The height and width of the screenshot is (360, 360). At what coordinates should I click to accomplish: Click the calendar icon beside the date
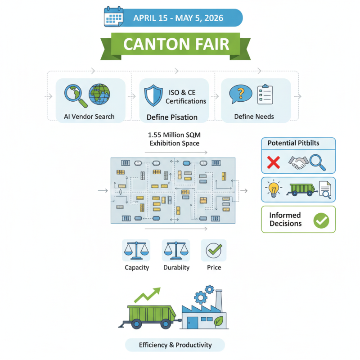tap(113, 16)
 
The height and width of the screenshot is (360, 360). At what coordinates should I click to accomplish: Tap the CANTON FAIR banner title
tap(176, 44)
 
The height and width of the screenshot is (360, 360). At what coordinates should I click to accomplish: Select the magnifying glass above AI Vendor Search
tap(74, 94)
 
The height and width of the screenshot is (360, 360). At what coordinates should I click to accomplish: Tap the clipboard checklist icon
tap(265, 94)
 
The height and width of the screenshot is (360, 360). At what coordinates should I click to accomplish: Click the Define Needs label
tap(255, 117)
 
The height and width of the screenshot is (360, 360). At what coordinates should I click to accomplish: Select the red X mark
tap(274, 162)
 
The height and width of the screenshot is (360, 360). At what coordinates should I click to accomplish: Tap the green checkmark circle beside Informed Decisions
tap(321, 220)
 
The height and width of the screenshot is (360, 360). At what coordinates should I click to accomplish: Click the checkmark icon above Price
tap(214, 250)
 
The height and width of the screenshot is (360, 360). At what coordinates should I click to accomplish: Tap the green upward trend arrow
tap(148, 295)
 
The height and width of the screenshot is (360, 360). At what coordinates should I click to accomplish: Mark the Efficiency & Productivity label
tap(175, 345)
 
